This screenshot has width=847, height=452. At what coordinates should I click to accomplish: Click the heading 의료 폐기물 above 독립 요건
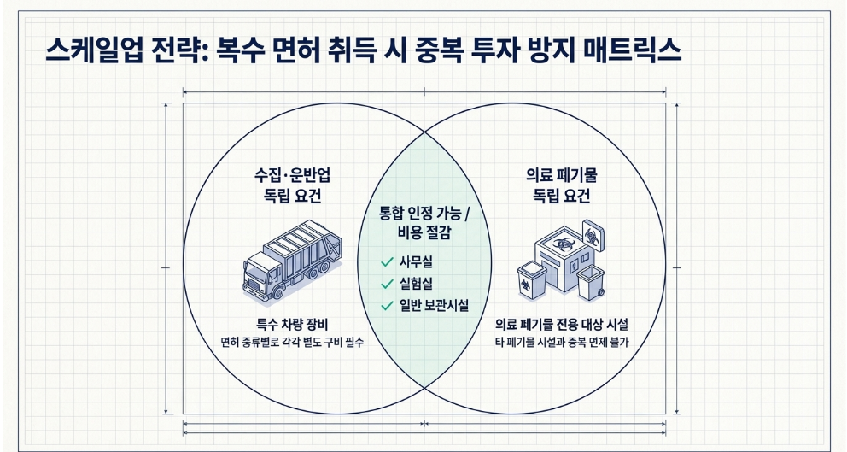click(561, 175)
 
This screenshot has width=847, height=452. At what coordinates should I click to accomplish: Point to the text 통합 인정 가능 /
click(424, 214)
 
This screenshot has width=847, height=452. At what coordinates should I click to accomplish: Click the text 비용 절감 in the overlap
click(424, 234)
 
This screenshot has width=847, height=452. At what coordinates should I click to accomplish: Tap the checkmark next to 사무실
click(388, 262)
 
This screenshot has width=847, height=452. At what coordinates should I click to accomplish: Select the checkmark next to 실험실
click(388, 284)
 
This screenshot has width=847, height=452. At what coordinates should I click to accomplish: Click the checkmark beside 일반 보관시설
click(388, 306)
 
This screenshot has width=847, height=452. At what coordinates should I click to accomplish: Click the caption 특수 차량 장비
click(292, 326)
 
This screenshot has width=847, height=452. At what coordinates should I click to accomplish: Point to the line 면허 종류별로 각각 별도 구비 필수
click(292, 343)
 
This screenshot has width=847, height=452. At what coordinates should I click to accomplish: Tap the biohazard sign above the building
click(590, 230)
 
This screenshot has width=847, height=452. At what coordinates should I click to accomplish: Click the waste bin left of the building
click(530, 282)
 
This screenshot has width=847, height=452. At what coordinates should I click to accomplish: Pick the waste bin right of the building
click(590, 284)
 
